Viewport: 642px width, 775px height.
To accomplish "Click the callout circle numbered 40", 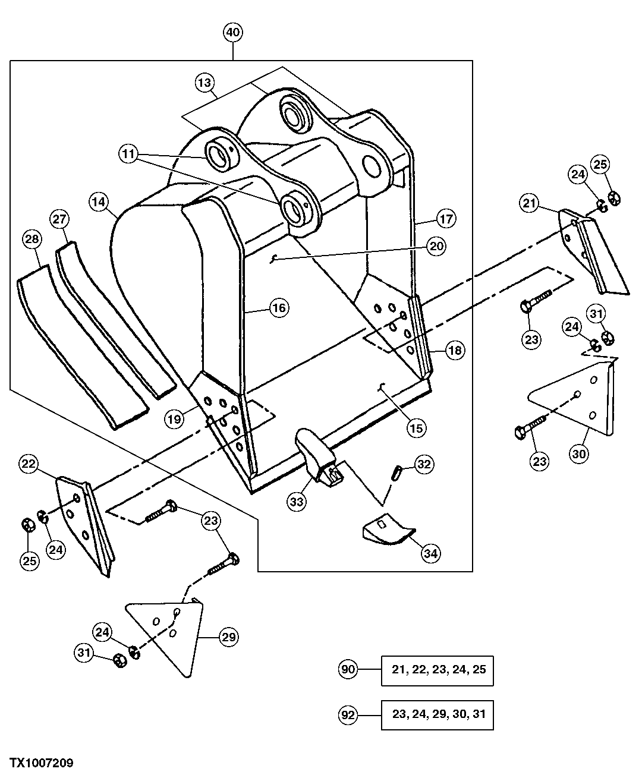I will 232,32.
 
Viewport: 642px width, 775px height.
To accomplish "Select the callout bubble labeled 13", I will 205,83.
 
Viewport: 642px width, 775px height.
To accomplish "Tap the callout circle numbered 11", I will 128,153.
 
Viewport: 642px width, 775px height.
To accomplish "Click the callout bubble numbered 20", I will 437,245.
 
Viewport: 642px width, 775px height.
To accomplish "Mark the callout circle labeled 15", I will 417,427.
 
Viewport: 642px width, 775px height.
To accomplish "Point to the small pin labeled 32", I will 397,472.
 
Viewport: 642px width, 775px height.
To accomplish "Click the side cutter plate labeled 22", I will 83,523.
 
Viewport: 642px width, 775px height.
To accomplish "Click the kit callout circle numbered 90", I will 348,669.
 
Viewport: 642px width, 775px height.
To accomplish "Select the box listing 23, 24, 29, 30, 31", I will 438,714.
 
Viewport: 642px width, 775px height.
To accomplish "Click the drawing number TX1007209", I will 40,763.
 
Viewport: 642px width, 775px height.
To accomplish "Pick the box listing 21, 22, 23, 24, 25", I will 438,670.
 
